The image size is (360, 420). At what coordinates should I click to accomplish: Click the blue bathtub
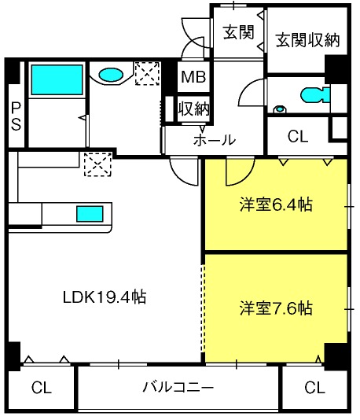(57, 79)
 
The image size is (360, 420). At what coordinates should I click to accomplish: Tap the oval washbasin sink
(111, 75)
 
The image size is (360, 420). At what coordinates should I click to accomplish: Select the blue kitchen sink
(90, 214)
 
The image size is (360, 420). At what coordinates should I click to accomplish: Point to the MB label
(193, 77)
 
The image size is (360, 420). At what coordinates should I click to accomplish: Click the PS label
(16, 116)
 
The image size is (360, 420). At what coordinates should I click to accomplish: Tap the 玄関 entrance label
(238, 32)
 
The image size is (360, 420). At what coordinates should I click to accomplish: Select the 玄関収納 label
(307, 40)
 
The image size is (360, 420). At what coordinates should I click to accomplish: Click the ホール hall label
(215, 139)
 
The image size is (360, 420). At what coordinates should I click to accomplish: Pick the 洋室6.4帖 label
(276, 204)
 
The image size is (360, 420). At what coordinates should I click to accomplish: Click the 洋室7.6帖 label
(276, 308)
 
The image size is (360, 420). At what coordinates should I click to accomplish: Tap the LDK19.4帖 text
(105, 297)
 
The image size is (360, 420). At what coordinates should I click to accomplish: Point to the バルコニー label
(178, 387)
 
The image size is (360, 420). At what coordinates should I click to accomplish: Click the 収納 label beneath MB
(193, 109)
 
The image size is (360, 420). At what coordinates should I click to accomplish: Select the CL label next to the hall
(298, 136)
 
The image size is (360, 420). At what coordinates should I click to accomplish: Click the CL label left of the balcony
(41, 388)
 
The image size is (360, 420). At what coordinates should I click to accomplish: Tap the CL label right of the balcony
(314, 388)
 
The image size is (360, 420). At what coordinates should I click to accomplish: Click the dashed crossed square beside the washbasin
(148, 73)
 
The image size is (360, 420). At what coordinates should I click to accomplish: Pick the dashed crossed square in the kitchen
(97, 164)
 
